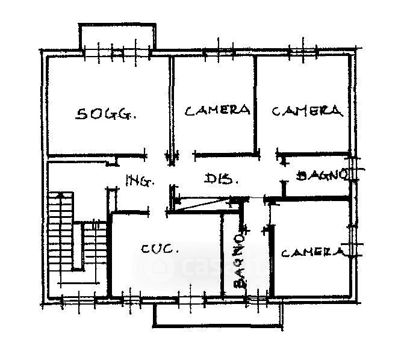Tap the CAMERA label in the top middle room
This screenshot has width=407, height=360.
pos(217,110)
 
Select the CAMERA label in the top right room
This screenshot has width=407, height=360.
pos(307,111)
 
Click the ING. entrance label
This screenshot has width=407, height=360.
pos(140,180)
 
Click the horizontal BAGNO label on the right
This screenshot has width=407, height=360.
pos(322,175)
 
